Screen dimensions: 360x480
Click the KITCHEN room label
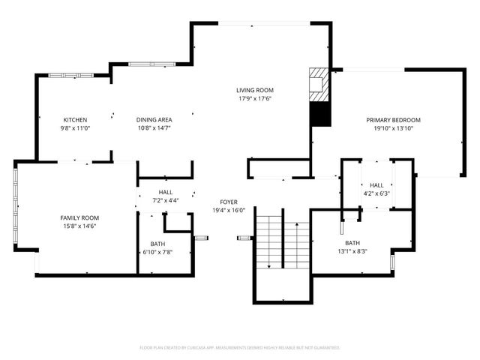(x=75, y=120)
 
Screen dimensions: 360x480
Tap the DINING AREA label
(x=154, y=120)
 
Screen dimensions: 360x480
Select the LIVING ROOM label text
(x=255, y=90)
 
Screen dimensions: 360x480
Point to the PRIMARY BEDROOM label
(x=393, y=120)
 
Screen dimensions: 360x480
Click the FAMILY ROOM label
(x=79, y=217)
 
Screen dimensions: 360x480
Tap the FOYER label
(x=229, y=202)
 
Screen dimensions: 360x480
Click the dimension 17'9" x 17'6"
(x=255, y=98)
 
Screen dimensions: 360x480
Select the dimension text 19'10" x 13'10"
(x=393, y=128)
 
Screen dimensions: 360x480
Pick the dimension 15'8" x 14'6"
(x=79, y=226)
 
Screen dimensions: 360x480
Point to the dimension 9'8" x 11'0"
(x=75, y=128)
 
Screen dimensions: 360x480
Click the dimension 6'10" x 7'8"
(x=157, y=252)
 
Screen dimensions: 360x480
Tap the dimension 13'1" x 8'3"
(x=352, y=251)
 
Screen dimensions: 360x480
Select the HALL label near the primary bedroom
(x=376, y=185)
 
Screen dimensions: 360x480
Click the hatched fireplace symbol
(x=319, y=84)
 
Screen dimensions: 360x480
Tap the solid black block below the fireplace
(x=319, y=115)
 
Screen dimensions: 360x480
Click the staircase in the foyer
(x=281, y=240)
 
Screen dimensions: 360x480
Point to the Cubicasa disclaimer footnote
(x=240, y=347)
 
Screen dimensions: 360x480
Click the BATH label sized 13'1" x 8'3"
(x=352, y=243)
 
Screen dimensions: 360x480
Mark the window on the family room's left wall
(x=15, y=206)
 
